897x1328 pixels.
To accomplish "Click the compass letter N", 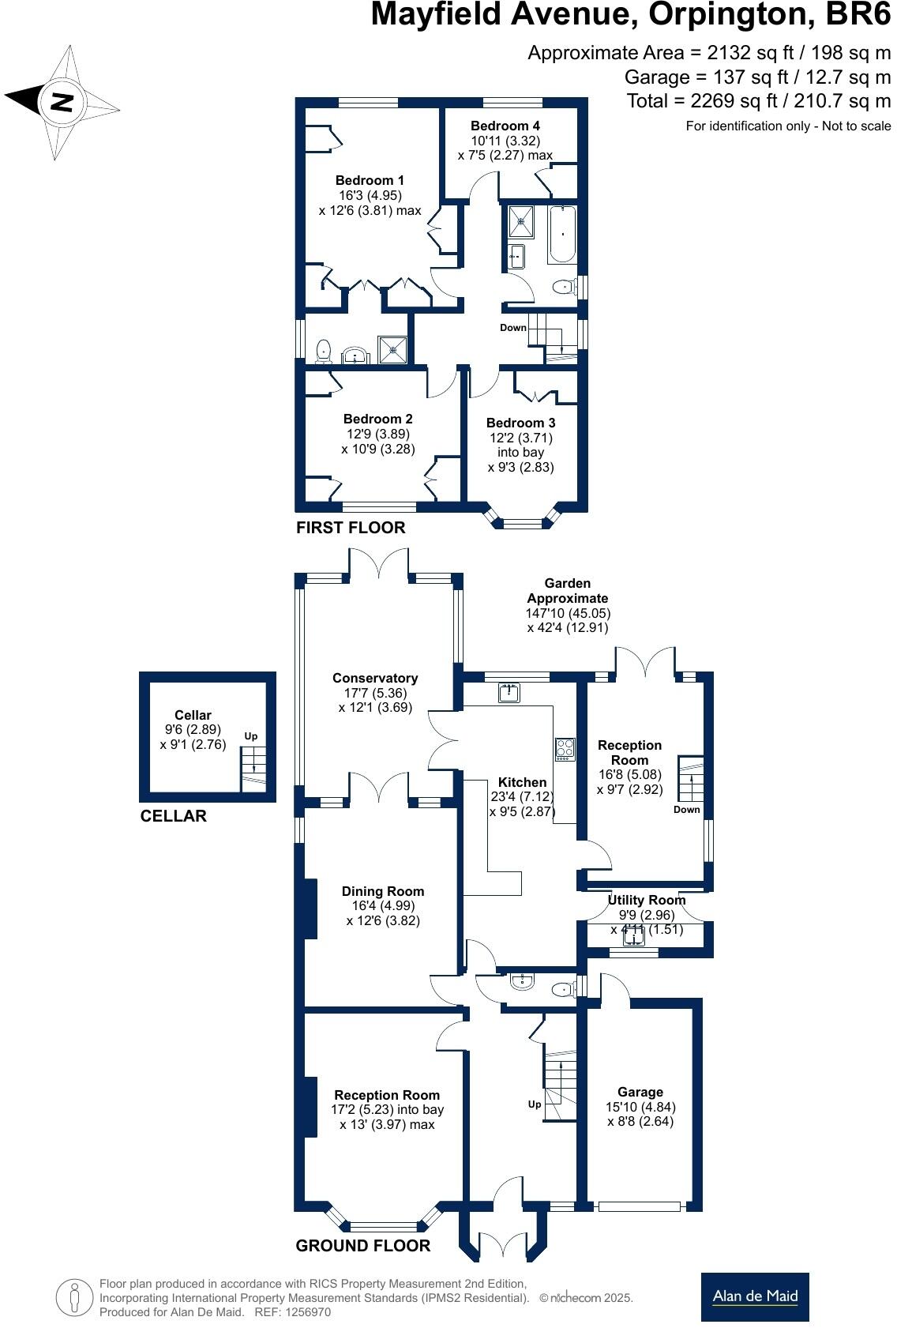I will pos(62,102).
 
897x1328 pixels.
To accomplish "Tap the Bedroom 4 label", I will pos(505,126).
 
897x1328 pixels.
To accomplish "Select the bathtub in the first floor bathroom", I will pos(561,235).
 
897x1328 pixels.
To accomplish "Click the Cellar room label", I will pos(193,715).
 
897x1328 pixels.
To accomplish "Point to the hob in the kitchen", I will pos(565,749).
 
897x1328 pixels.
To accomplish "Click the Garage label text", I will pos(640,1092).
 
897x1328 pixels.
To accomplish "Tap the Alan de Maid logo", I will pos(755,1296).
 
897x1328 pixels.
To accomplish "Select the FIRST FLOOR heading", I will pos(351,528).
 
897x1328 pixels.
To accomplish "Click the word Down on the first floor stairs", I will pos(513,328).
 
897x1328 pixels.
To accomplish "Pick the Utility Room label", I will pos(646,900).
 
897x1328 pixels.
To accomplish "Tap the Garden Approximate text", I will pos(568,591).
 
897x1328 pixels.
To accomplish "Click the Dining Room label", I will pos(383,891).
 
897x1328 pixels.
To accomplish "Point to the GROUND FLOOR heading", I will pos(362,1246).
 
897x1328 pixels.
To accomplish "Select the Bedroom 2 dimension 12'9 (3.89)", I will pos(377,434).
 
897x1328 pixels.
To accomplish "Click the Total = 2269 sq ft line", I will pos(758,101).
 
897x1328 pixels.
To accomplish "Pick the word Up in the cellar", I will pos(250,736).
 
